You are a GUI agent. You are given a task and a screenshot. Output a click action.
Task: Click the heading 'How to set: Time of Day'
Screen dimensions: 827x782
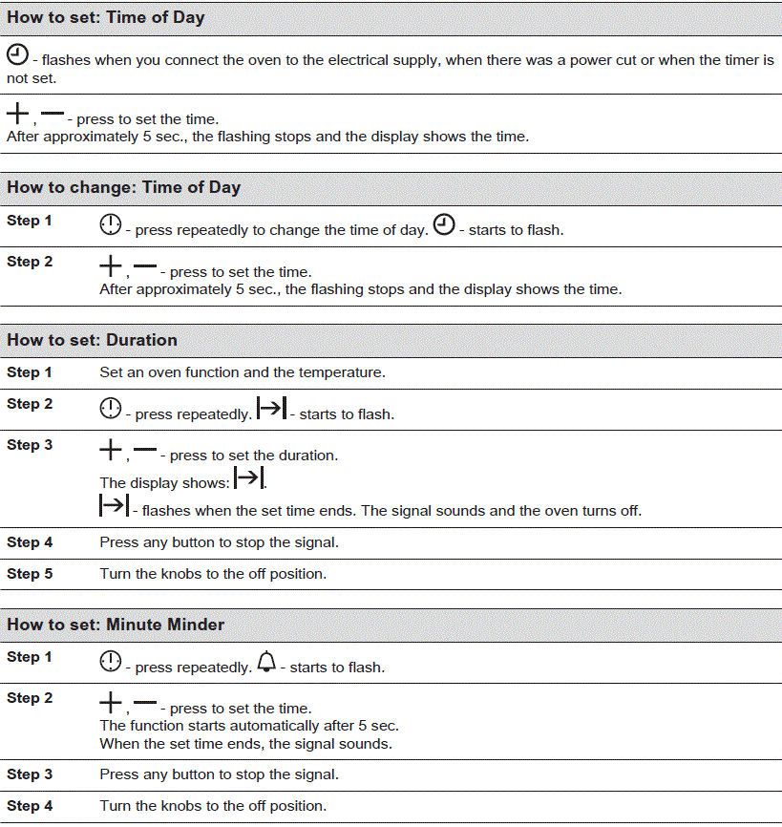[106, 18]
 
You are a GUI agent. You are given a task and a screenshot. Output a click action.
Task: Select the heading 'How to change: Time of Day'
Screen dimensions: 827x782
[124, 188]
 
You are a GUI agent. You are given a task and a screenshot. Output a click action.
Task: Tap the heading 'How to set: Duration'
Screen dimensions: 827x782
[93, 340]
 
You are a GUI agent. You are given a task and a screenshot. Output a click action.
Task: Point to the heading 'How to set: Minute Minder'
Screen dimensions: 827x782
[116, 625]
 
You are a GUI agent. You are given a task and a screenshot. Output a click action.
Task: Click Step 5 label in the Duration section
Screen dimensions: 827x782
[30, 574]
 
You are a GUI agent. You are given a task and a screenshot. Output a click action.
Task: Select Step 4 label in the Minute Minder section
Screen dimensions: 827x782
[30, 806]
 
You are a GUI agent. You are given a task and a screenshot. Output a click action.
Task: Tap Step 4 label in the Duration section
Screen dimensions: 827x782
[30, 542]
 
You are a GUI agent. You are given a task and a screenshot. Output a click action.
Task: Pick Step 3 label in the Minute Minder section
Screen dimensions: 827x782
[30, 774]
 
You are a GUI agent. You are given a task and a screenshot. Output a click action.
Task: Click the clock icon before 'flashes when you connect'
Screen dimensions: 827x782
[17, 54]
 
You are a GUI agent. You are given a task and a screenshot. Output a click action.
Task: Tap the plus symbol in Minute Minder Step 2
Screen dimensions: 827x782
[111, 704]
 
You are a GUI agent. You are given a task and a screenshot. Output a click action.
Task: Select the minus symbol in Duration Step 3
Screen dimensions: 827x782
[145, 450]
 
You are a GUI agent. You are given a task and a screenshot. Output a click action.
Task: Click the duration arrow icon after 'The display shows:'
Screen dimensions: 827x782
[248, 477]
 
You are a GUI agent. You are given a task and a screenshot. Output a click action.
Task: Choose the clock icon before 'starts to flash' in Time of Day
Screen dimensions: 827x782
[444, 225]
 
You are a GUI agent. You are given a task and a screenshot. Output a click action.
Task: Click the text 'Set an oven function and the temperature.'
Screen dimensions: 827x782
[243, 372]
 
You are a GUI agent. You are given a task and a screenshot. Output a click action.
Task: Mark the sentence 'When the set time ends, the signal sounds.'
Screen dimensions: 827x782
[245, 744]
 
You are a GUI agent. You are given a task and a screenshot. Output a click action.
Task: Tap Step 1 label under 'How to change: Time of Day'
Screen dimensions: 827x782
[30, 221]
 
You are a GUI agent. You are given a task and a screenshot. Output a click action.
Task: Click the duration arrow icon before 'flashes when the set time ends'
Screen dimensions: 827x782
[114, 505]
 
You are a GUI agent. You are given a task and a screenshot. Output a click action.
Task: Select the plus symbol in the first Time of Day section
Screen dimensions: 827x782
[18, 115]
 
